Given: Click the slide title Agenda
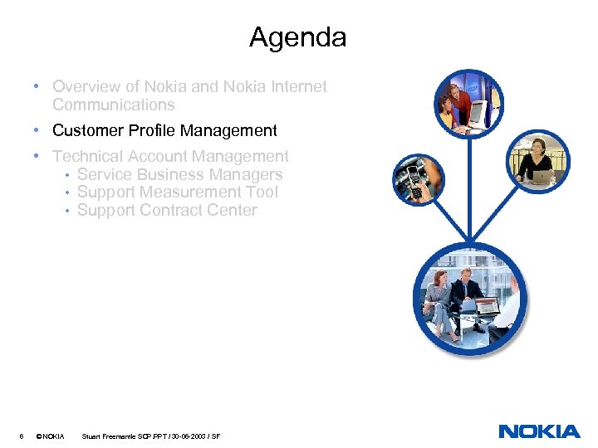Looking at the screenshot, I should (297, 37).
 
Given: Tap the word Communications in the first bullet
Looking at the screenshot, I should (113, 105).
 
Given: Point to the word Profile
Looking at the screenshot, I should (152, 130).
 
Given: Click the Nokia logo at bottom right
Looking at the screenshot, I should (539, 431).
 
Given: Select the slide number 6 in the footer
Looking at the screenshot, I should (21, 436).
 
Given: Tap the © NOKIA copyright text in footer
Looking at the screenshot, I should (51, 436).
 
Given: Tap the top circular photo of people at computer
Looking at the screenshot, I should (469, 103).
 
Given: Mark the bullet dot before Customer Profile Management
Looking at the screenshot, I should (39, 130).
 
